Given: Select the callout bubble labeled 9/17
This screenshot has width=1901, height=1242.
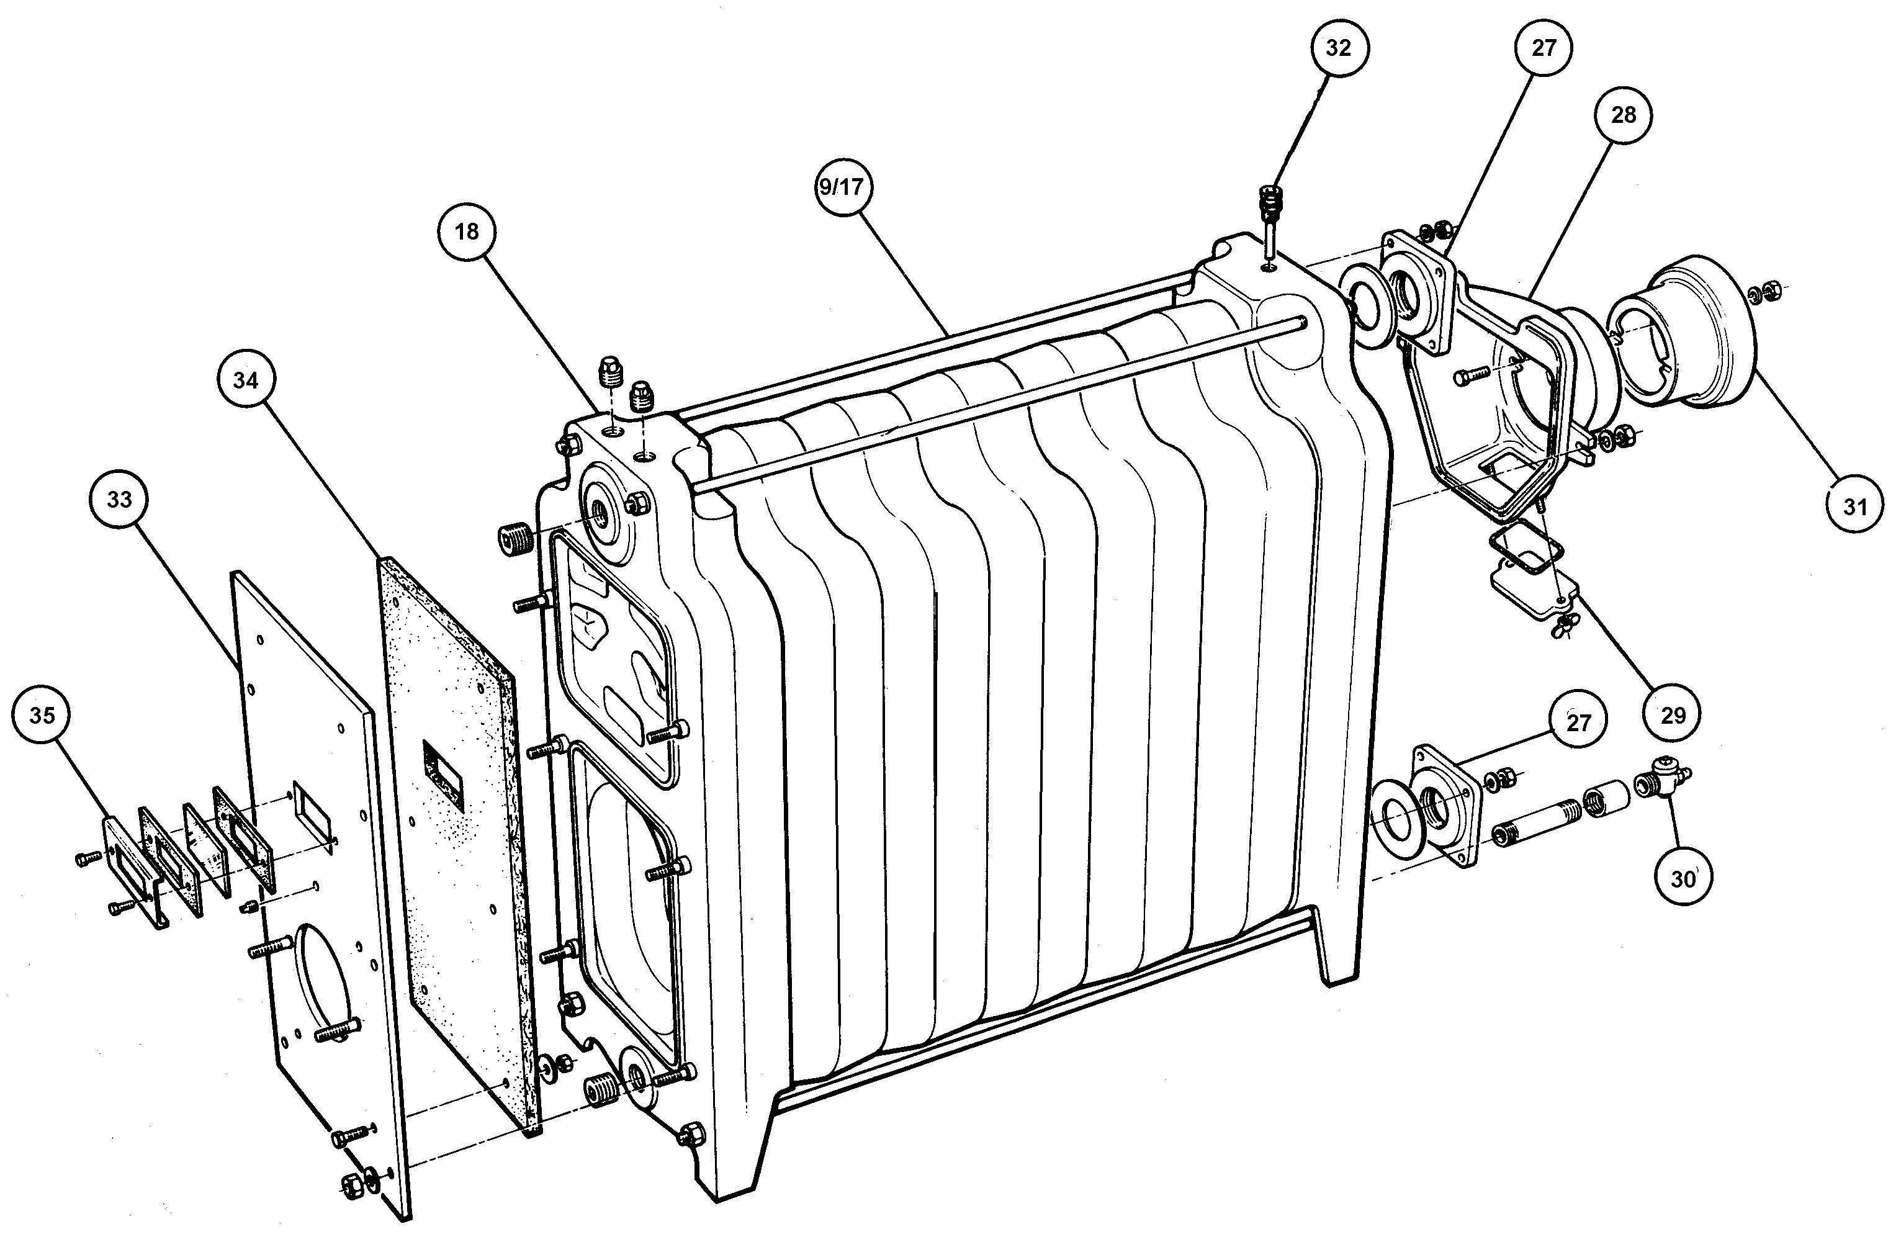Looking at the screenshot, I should click(840, 187).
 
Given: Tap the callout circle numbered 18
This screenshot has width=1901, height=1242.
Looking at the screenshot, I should click(467, 232).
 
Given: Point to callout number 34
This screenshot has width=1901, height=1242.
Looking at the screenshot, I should click(245, 381).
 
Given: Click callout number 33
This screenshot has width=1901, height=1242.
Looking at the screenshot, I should click(119, 500).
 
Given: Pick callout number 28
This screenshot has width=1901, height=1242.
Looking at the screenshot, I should click(1623, 115).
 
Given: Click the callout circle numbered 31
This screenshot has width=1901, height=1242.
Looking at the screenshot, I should click(1854, 506).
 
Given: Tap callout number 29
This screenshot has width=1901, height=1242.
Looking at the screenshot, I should click(1673, 714).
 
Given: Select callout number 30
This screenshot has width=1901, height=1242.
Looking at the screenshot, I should click(1682, 880).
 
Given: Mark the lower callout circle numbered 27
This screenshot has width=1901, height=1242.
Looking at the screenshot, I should click(1578, 723).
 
